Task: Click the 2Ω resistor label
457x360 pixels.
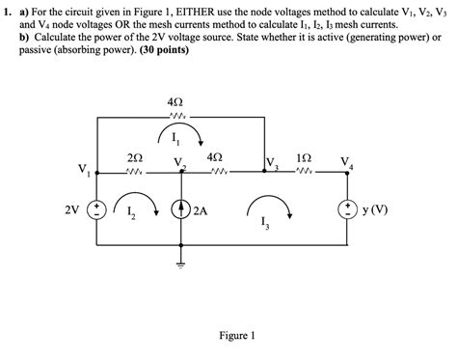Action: point(136,157)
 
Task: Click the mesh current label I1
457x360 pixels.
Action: point(176,136)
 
